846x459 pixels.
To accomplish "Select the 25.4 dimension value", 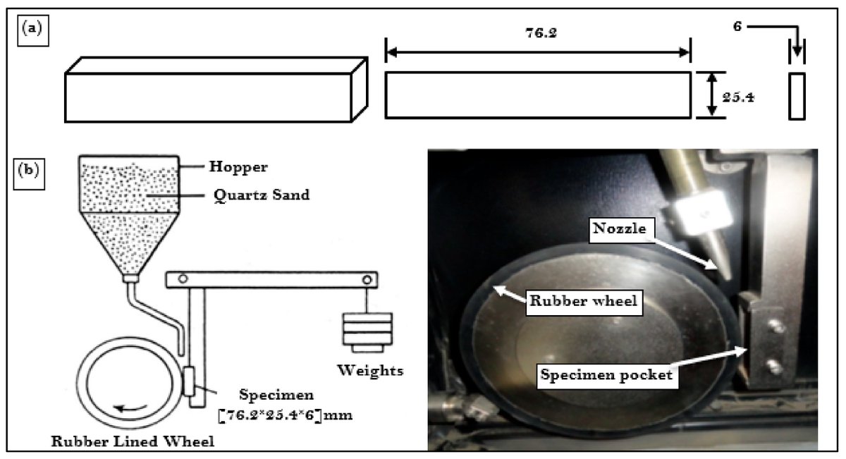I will click(x=740, y=97).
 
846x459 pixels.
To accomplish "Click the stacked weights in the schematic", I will click(x=364, y=331).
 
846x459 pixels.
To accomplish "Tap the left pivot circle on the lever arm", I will click(x=183, y=280).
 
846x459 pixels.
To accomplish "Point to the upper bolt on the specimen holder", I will click(x=776, y=326).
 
